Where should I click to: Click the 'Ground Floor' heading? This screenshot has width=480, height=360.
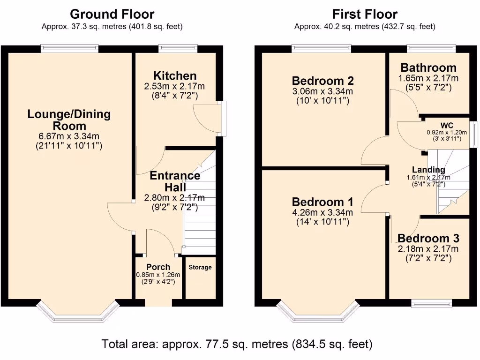(112, 15)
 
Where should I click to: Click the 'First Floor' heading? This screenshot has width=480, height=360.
(365, 15)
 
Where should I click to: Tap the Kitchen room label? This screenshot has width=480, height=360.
(175, 76)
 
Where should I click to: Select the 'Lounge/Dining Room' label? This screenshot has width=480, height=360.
(69, 120)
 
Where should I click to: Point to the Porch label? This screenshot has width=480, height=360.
(158, 267)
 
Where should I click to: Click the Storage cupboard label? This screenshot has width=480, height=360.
(200, 267)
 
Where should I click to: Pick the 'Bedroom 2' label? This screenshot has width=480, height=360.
(322, 80)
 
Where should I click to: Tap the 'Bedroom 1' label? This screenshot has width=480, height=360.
(322, 202)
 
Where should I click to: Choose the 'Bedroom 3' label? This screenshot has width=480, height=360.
(428, 238)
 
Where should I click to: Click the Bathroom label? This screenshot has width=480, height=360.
(428, 67)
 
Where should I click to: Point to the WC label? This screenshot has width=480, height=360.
(447, 126)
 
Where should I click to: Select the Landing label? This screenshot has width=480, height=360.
(428, 170)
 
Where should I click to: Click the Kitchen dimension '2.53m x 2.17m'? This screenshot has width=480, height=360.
(175, 87)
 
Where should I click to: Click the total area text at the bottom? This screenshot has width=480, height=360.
(237, 345)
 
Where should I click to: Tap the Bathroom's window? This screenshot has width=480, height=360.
(426, 47)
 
